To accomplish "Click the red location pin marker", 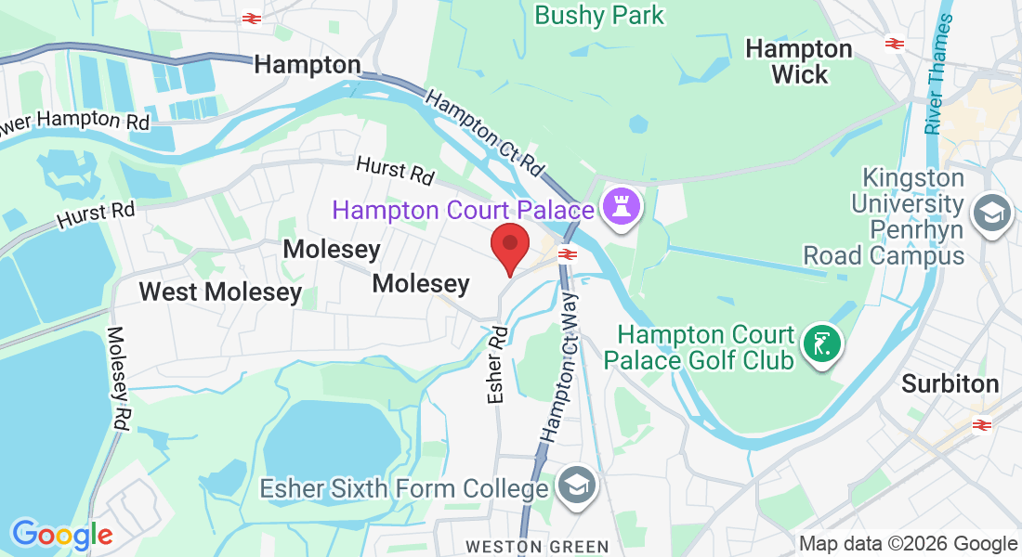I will click(x=510, y=246).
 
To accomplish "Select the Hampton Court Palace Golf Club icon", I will click(x=821, y=345).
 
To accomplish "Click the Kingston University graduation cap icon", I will click(x=990, y=215).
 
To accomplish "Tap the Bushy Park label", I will click(x=600, y=16).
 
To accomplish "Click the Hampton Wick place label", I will click(x=799, y=61).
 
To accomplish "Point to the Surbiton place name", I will click(x=950, y=383).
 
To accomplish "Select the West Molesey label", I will click(x=220, y=292).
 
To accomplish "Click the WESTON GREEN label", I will click(x=538, y=546).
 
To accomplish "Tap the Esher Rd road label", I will click(x=496, y=364).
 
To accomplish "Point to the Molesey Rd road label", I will click(x=119, y=377).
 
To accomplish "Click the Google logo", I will click(x=62, y=535).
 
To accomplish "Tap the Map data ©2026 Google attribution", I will click(x=908, y=544).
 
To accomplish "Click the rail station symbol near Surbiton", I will click(x=980, y=425).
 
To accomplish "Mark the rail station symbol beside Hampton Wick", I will click(x=894, y=43).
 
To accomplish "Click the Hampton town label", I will click(x=307, y=64).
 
